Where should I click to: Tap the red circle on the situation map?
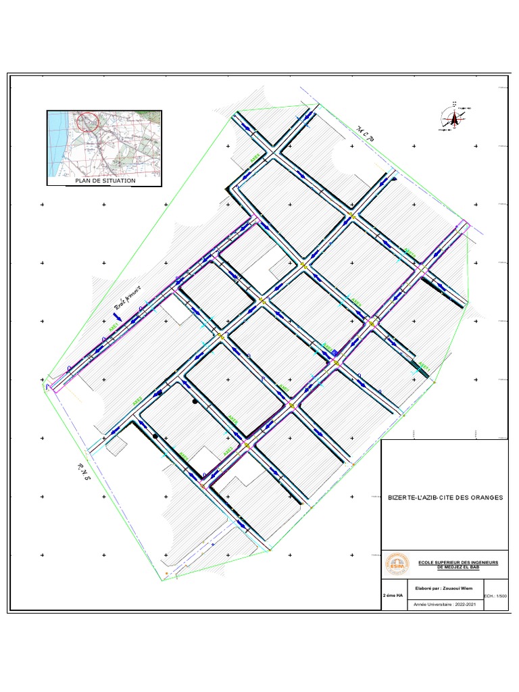[88, 122]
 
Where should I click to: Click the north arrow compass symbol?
[455, 119]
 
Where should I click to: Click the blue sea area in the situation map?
[56, 145]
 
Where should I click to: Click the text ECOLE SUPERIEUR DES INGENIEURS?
[458, 562]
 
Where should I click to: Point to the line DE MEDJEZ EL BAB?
[458, 568]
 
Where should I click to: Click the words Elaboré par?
[426, 588]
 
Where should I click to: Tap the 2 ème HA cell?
[393, 596]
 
